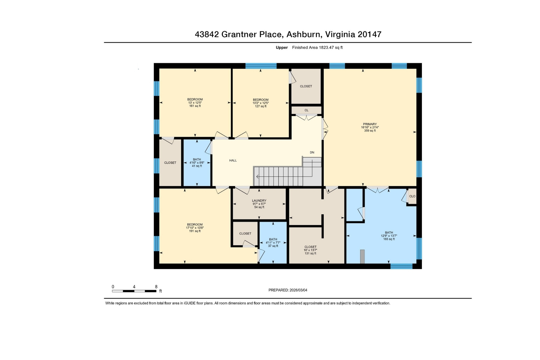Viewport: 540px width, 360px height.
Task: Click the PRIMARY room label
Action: [x=370, y=124]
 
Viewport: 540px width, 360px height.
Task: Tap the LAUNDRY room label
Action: [x=259, y=201]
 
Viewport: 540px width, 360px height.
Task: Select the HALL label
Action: [x=233, y=160]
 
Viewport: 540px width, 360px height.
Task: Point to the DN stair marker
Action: [x=312, y=152]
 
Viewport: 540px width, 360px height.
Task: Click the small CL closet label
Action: [x=306, y=110]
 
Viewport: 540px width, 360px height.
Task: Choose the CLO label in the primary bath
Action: [x=412, y=196]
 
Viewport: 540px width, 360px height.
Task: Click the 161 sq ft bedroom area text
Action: [x=195, y=106]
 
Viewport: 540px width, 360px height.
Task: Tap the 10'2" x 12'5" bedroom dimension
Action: [x=260, y=103]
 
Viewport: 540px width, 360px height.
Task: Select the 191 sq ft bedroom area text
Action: [x=195, y=231]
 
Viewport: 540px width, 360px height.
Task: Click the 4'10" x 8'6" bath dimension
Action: [x=197, y=163]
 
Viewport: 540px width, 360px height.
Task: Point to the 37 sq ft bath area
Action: [x=273, y=246]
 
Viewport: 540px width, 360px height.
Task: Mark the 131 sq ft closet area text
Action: [x=310, y=253]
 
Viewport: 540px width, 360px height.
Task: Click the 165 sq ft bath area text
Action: [x=389, y=239]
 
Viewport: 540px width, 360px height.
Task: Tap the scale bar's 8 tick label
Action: [x=156, y=287]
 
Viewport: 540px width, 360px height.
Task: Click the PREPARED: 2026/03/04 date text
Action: [x=288, y=290]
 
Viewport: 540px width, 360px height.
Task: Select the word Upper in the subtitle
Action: [x=282, y=47]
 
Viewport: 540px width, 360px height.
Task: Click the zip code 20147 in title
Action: [x=370, y=34]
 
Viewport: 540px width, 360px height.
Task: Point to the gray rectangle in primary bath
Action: [x=362, y=256]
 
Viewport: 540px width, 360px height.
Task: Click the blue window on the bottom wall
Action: [x=401, y=266]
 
